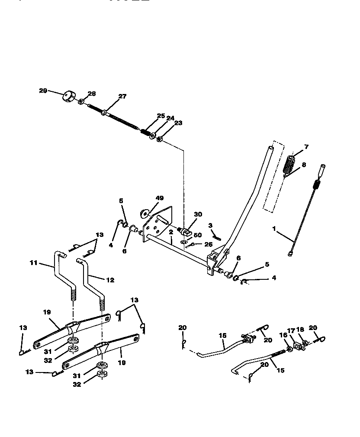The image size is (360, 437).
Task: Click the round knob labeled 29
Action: coord(68,96)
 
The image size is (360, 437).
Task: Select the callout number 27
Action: coord(122,97)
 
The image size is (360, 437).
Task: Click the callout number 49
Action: coord(160,198)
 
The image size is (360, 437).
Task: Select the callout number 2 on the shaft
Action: coord(171,233)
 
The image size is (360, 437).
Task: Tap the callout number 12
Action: coord(110,280)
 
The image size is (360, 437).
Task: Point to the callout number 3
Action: coord(210,225)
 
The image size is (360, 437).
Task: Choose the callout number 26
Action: coord(208,244)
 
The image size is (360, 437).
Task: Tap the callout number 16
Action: coord(284,335)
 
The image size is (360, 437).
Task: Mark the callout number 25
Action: coord(161,116)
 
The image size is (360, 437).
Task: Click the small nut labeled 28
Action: coord(81,101)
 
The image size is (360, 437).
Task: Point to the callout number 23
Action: coord(178,123)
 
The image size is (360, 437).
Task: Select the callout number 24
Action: coord(170,118)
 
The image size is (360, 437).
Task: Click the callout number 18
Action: coord(300,330)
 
